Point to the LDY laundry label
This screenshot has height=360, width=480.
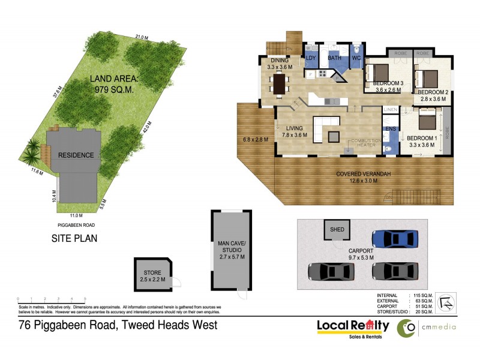tap(311, 58)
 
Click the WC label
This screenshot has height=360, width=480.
tap(356, 58)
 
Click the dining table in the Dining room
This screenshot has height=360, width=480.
tap(279, 83)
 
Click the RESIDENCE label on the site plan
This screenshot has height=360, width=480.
tap(76, 155)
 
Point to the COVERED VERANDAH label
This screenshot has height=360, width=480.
tap(364, 174)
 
